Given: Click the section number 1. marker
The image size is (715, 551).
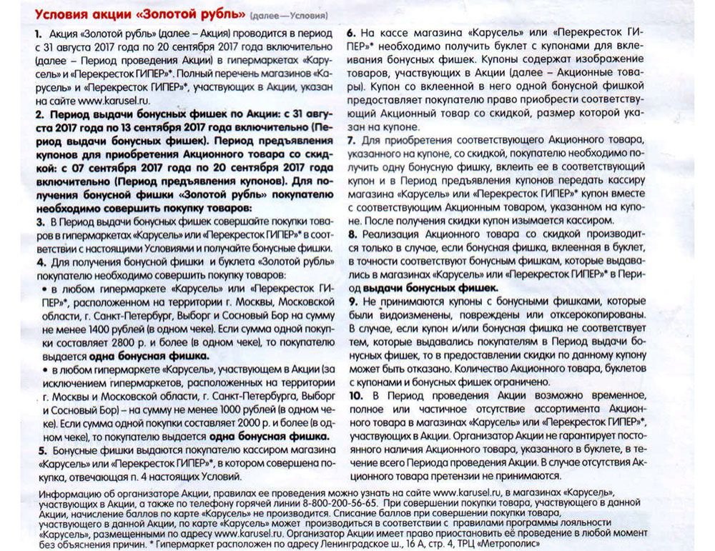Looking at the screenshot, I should (x=37, y=35).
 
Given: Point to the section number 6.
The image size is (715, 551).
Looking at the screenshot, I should (x=351, y=33).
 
